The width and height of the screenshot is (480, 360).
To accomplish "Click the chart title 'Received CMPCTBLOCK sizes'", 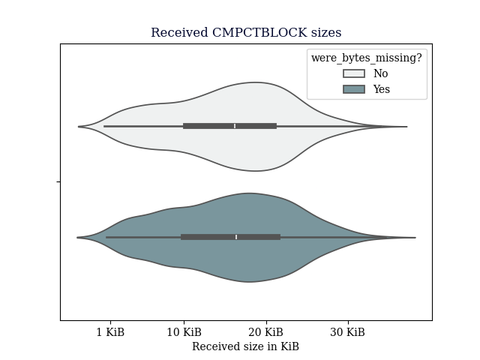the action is point(246,32).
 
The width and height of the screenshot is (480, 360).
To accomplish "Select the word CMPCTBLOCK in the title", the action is point(259,32).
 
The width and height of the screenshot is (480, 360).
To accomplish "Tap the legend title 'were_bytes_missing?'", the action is point(367,58).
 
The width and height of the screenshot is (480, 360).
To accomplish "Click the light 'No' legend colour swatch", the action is point(354,73).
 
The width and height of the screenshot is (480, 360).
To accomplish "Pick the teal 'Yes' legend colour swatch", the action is point(354,89).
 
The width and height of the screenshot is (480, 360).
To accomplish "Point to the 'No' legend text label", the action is point(380,73).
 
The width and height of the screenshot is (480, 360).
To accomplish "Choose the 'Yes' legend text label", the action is point(382,89).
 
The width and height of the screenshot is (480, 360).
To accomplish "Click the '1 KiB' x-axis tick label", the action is point(110,332).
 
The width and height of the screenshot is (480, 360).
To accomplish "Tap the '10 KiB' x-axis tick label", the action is point(184,332).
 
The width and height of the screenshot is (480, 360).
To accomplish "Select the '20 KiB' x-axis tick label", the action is point(266,332).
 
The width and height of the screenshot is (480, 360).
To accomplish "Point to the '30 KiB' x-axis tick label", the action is point(348,332).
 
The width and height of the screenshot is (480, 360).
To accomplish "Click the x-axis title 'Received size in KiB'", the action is point(245,346).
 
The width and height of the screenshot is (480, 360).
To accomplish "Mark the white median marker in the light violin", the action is point(235,126).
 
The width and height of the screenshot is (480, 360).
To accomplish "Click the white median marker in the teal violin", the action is point(236,237).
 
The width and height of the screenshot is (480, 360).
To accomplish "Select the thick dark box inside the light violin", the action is point(230,126).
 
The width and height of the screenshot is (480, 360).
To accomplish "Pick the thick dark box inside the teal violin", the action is point(231,237).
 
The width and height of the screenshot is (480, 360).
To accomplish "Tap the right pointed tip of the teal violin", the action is point(415,237).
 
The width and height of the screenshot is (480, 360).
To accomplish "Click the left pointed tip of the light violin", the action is point(79,127).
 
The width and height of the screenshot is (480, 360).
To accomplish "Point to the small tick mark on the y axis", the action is point(58,181).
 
